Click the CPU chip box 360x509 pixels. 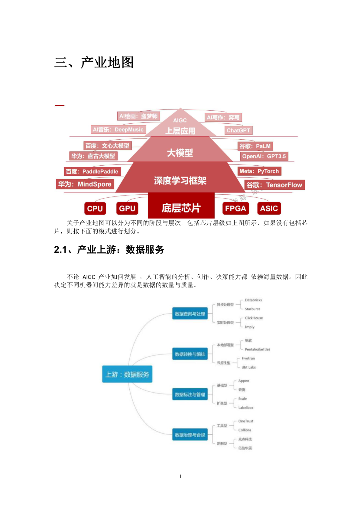pos(95,209)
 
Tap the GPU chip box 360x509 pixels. pos(127,208)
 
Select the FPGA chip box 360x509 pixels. pos(235,208)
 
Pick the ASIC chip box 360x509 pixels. pos(269,208)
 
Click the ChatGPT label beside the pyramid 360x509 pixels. pos(238,130)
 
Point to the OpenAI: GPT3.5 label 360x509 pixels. pos(264,156)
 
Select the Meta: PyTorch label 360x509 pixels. pos(259,171)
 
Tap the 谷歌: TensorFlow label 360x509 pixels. pos(274,185)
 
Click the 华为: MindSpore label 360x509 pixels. pos(85,184)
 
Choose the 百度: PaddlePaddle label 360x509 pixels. pos(92,171)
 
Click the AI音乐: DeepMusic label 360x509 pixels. pos(118,129)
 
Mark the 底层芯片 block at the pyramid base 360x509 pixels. pos(181,208)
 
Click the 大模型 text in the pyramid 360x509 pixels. pos(180,153)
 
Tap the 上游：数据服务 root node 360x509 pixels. pos(127,374)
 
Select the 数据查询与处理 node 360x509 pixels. pos(190,314)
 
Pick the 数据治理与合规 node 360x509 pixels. pos(190,435)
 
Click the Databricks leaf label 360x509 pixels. pos(253,300)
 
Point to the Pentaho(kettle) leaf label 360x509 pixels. pos(257,349)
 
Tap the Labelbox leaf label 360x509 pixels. pos(246,407)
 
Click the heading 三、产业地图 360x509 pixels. pos(94,62)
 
